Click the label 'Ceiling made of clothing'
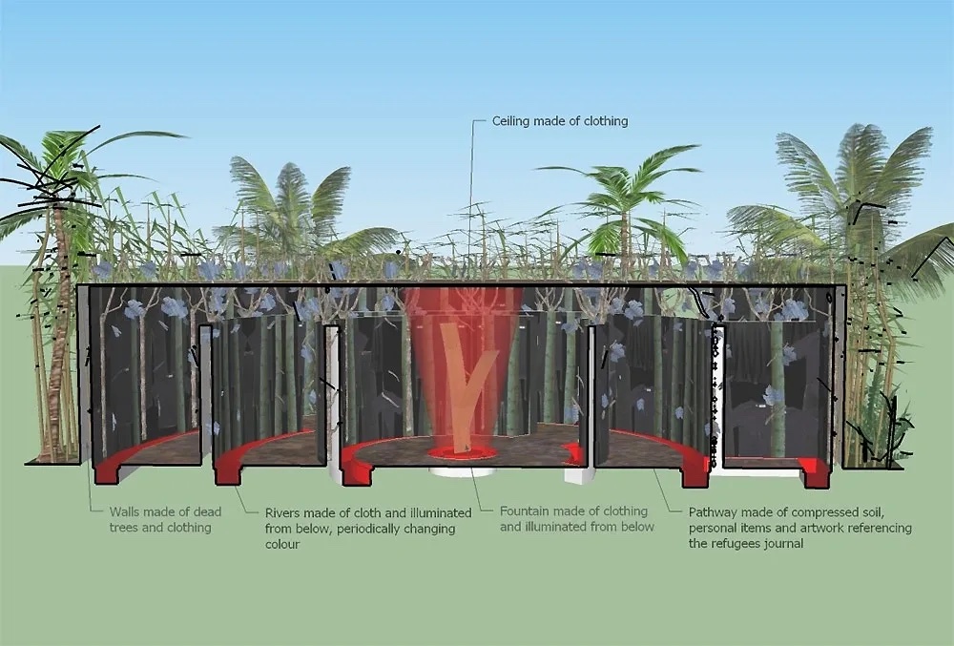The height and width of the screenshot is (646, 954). (559, 121)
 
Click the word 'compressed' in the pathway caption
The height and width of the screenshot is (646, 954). (810, 511)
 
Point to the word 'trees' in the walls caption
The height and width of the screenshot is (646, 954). (125, 528)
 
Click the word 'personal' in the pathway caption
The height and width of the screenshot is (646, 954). (712, 528)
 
